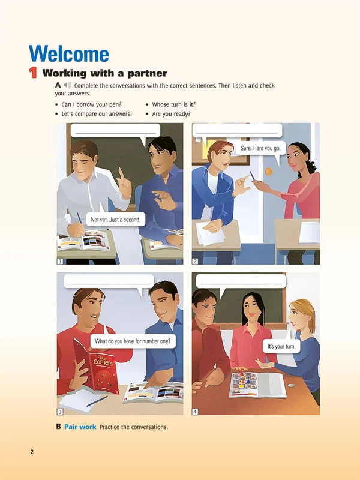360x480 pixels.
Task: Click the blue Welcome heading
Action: coord(69,54)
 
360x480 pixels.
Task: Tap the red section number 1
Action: coord(33,73)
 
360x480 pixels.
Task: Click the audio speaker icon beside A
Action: coord(68,85)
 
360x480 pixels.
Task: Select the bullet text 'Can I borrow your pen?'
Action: coord(92,104)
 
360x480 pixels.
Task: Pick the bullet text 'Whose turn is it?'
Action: coord(173,104)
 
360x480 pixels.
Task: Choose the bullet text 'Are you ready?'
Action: coord(171,114)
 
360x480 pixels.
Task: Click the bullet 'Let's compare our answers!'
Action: coord(97,114)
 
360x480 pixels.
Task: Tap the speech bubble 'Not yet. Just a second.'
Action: coord(115,218)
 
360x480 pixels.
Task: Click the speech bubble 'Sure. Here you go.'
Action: coord(260,148)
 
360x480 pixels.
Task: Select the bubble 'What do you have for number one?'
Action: coord(133,341)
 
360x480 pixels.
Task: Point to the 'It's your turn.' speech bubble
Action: coord(281,346)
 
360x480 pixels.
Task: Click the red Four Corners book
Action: coord(96,367)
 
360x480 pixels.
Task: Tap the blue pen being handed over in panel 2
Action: coord(252,176)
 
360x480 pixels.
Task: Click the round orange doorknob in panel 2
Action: coord(268,172)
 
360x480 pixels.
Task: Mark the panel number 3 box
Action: coord(60,412)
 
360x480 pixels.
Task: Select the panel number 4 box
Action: coord(194,412)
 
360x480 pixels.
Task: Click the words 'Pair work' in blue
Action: coord(80,427)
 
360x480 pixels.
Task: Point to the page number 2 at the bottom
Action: coord(32,452)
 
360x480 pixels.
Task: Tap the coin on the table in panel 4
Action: coord(291,385)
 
